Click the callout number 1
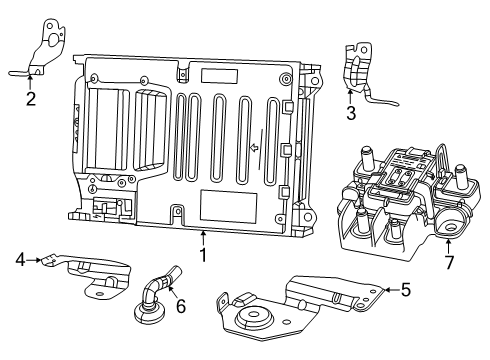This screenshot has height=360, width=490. coord(202,255)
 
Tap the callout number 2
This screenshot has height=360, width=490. coord(31,98)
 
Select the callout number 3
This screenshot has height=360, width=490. coord(351,113)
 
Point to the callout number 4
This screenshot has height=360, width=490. coord(20,260)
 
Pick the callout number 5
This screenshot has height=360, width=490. coord(405,290)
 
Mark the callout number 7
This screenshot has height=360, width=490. coord(449,262)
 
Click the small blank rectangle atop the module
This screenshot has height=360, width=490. coord(218,75)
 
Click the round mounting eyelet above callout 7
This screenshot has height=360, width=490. coord(446,228)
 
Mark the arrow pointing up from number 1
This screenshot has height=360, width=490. coord(202,238)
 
